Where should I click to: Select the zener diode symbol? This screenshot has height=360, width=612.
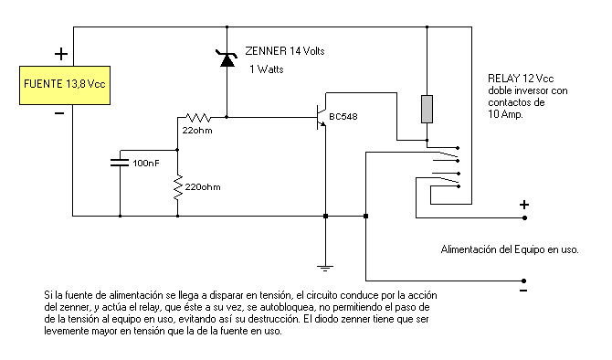[226, 59]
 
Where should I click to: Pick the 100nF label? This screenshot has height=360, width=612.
[145, 163]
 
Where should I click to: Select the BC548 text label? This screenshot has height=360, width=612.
[343, 117]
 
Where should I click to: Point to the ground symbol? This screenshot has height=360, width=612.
[325, 267]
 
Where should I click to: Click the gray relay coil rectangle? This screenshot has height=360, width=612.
[426, 109]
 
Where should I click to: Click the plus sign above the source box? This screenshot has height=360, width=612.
[61, 54]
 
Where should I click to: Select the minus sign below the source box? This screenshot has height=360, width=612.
[59, 114]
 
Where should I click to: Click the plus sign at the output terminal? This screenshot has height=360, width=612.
[524, 206]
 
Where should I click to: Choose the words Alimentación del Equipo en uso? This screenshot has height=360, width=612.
[510, 249]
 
